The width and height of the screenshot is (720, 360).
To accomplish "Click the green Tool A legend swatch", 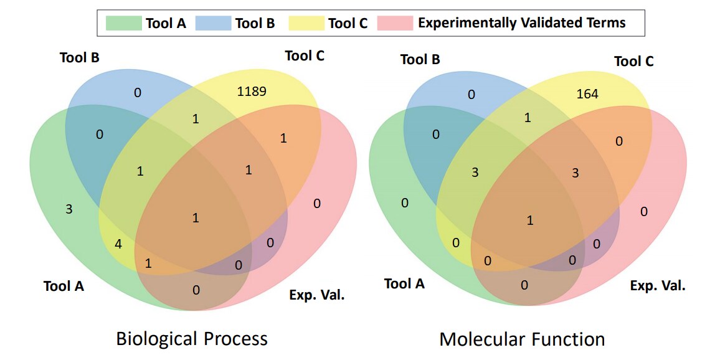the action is [123, 23].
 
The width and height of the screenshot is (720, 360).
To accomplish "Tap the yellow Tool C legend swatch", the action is [306, 23].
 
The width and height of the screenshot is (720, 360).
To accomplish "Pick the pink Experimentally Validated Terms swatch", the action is [394, 23].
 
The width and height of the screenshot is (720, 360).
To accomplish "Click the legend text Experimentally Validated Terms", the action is [522, 22].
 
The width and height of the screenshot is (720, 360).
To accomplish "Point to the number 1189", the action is [252, 92].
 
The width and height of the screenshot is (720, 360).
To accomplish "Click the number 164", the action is [588, 94].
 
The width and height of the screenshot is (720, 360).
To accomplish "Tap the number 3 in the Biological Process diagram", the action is [69, 210].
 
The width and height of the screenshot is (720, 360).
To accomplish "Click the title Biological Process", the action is [191, 339].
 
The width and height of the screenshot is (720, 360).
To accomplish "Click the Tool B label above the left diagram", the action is [80, 58].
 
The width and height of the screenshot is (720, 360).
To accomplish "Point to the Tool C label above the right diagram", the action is [633, 61].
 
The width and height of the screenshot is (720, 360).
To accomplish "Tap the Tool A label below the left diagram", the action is [64, 287].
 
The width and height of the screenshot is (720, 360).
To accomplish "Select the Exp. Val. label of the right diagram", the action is [657, 287].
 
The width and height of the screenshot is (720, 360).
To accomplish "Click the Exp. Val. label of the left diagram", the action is [317, 295].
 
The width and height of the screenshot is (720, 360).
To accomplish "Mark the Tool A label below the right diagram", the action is [404, 284].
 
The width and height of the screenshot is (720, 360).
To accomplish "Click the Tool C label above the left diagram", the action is [305, 56].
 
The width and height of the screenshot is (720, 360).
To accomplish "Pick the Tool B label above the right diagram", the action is [420, 59].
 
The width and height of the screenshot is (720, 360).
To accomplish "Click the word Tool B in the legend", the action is [255, 23].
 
